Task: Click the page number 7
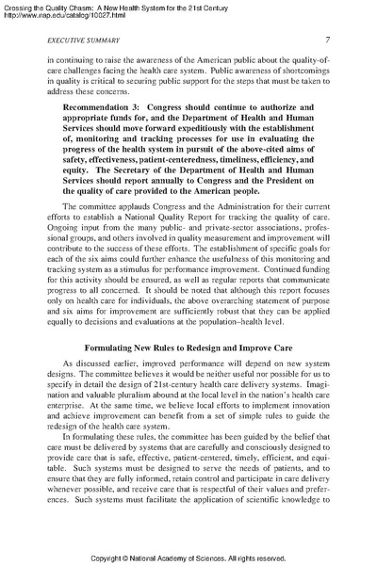coord(325,40)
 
